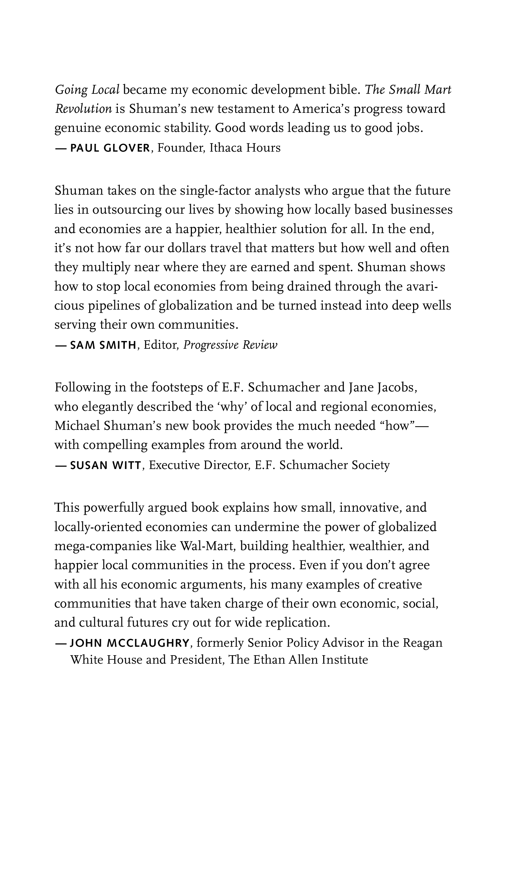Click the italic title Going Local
tap(87, 90)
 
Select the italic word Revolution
tap(83, 109)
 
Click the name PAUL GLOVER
tap(110, 148)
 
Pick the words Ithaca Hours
tap(245, 148)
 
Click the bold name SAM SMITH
tap(103, 345)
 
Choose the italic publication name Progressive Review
tap(230, 345)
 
